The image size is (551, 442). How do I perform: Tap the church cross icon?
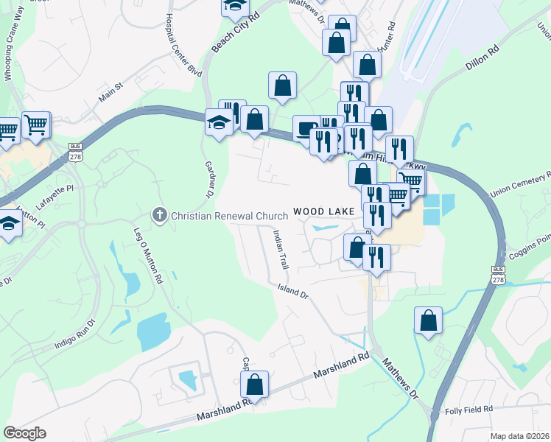click(x=158, y=215)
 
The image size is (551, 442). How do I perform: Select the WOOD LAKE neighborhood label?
click(x=325, y=211)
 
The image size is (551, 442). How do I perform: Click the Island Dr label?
click(x=292, y=290)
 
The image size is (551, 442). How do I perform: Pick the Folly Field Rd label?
click(x=468, y=410)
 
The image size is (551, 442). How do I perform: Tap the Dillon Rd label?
click(x=482, y=55)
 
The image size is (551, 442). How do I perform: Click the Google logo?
click(x=24, y=433)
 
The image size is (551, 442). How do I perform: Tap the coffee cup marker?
click(x=306, y=128)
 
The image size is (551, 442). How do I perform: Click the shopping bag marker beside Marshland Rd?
click(x=254, y=384)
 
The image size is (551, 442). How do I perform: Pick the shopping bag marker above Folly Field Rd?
click(x=428, y=320)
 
